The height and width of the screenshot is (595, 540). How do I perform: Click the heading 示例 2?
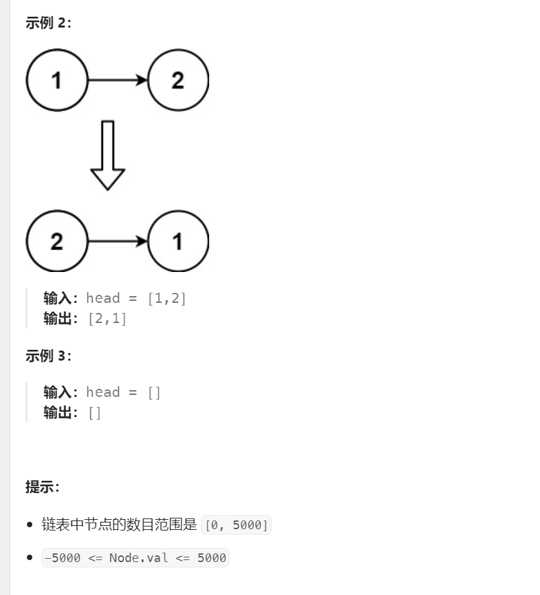coord(48,23)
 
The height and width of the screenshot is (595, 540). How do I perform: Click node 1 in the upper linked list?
coord(56,81)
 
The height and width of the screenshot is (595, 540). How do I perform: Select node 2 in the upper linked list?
coord(178,81)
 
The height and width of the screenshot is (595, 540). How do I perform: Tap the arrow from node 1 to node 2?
coord(118,81)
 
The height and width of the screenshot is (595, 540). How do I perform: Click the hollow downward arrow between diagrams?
coord(108,155)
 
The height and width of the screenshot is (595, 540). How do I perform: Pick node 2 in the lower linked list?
coord(56,241)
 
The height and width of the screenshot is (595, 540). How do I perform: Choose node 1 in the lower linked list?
coord(178,241)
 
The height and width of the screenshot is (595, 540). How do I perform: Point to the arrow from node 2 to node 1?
coord(118,241)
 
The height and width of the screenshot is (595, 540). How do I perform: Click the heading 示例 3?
coord(48,356)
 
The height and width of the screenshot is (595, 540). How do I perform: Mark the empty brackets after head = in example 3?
coord(154,392)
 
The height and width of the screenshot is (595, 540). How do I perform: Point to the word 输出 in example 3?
coord(58,412)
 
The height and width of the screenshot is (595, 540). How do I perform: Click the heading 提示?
coord(42,487)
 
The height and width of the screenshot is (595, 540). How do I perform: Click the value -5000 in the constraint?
coord(63,558)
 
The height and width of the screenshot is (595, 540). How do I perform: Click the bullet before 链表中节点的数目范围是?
coord(30,525)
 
